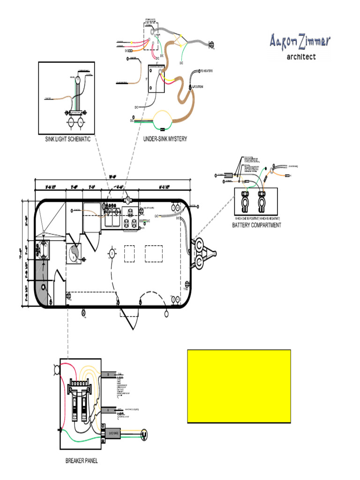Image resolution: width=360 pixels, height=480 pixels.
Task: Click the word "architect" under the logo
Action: click(301, 57)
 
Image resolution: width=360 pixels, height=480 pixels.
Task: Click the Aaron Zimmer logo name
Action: click(300, 41)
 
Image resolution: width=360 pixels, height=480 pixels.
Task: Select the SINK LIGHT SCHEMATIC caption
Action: click(67, 139)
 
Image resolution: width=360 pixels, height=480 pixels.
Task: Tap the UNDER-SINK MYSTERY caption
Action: click(165, 139)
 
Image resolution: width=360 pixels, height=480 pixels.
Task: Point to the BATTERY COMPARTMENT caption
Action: click(256, 225)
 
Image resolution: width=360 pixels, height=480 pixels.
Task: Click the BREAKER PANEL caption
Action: click(82, 461)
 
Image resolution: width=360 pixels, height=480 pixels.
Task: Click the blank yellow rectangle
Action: click(239, 386)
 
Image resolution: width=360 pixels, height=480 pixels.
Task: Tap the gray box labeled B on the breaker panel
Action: click(108, 375)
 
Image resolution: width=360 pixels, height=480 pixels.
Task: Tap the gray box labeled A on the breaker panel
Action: click(108, 409)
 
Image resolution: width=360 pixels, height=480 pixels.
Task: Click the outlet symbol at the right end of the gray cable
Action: click(211, 45)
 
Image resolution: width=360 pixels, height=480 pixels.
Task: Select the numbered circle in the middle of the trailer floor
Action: click(112, 254)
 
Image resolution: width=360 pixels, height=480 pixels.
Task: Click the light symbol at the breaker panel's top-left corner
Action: click(57, 370)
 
